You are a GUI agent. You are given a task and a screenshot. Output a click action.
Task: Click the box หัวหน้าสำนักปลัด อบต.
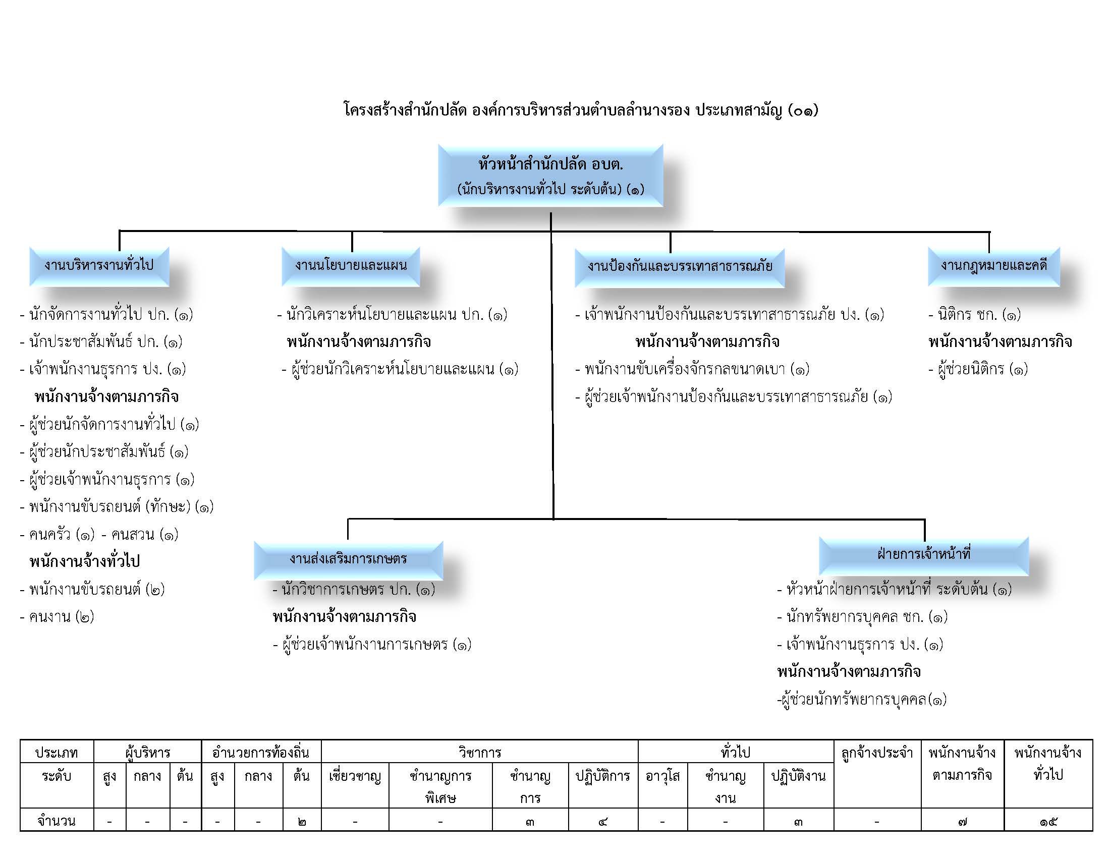point(550,176)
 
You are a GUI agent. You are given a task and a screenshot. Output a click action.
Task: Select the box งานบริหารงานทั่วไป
point(99,266)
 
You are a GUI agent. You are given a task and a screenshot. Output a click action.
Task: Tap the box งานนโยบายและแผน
point(351,266)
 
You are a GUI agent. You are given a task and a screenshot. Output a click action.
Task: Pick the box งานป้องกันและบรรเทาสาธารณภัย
point(680,268)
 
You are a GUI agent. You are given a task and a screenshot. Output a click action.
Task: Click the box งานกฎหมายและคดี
point(993,266)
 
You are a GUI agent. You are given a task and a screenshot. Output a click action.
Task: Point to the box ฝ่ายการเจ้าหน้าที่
point(923,555)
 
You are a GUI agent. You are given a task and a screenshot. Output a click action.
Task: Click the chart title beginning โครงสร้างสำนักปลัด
point(581,110)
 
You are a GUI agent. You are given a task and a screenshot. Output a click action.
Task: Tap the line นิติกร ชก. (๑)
point(974,315)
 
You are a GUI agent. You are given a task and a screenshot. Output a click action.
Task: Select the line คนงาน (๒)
point(57,617)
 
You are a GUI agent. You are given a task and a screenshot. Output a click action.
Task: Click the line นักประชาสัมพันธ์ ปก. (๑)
point(101,342)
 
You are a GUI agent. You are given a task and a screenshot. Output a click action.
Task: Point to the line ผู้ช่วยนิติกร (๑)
point(978,369)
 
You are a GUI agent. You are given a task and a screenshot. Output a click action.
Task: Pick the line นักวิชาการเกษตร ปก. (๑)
point(354,590)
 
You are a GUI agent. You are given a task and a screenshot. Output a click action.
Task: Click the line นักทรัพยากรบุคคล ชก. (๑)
point(862,617)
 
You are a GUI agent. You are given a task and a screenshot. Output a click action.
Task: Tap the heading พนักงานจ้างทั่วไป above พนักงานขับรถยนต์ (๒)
point(84,562)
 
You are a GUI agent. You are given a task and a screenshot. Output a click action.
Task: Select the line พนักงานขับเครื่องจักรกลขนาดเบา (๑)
point(692,369)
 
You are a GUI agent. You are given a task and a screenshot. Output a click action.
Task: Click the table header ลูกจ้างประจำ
point(877,753)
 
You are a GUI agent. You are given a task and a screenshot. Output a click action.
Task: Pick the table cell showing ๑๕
point(1048,821)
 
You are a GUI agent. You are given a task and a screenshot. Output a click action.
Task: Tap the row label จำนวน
point(57,821)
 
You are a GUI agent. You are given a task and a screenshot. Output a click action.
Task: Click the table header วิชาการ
point(479,752)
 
